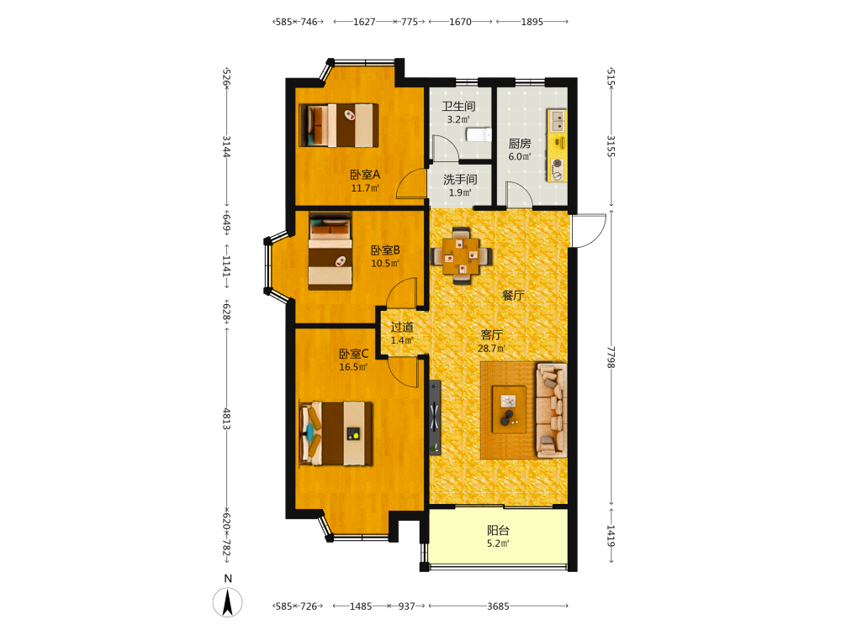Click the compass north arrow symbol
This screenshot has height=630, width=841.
pyautogui.click(x=227, y=601)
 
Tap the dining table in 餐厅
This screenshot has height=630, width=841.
pyautogui.click(x=461, y=255)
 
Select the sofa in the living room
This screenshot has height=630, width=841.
pyautogui.click(x=552, y=411)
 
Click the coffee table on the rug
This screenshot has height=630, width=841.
pyautogui.click(x=509, y=409)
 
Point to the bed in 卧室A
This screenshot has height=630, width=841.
pyautogui.click(x=339, y=125)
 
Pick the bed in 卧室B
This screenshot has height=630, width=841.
pyautogui.click(x=331, y=250)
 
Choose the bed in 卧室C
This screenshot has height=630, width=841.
pyautogui.click(x=336, y=433)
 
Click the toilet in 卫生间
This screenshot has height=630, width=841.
pyautogui.click(x=479, y=134)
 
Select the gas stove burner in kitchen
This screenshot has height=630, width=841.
pyautogui.click(x=558, y=169)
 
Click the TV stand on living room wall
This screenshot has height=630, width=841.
pyautogui.click(x=435, y=417)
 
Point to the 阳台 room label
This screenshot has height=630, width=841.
pyautogui.click(x=498, y=530)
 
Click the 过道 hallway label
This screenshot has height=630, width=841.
pyautogui.click(x=402, y=327)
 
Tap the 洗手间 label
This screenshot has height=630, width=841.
pyautogui.click(x=460, y=180)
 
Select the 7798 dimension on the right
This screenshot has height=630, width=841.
pyautogui.click(x=611, y=357)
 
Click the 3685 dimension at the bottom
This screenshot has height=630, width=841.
pyautogui.click(x=498, y=606)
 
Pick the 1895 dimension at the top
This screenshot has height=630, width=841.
pyautogui.click(x=532, y=22)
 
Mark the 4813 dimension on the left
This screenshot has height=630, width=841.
pyautogui.click(x=226, y=418)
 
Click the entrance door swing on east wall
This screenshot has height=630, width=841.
pyautogui.click(x=589, y=230)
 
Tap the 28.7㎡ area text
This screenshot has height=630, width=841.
pyautogui.click(x=491, y=349)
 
